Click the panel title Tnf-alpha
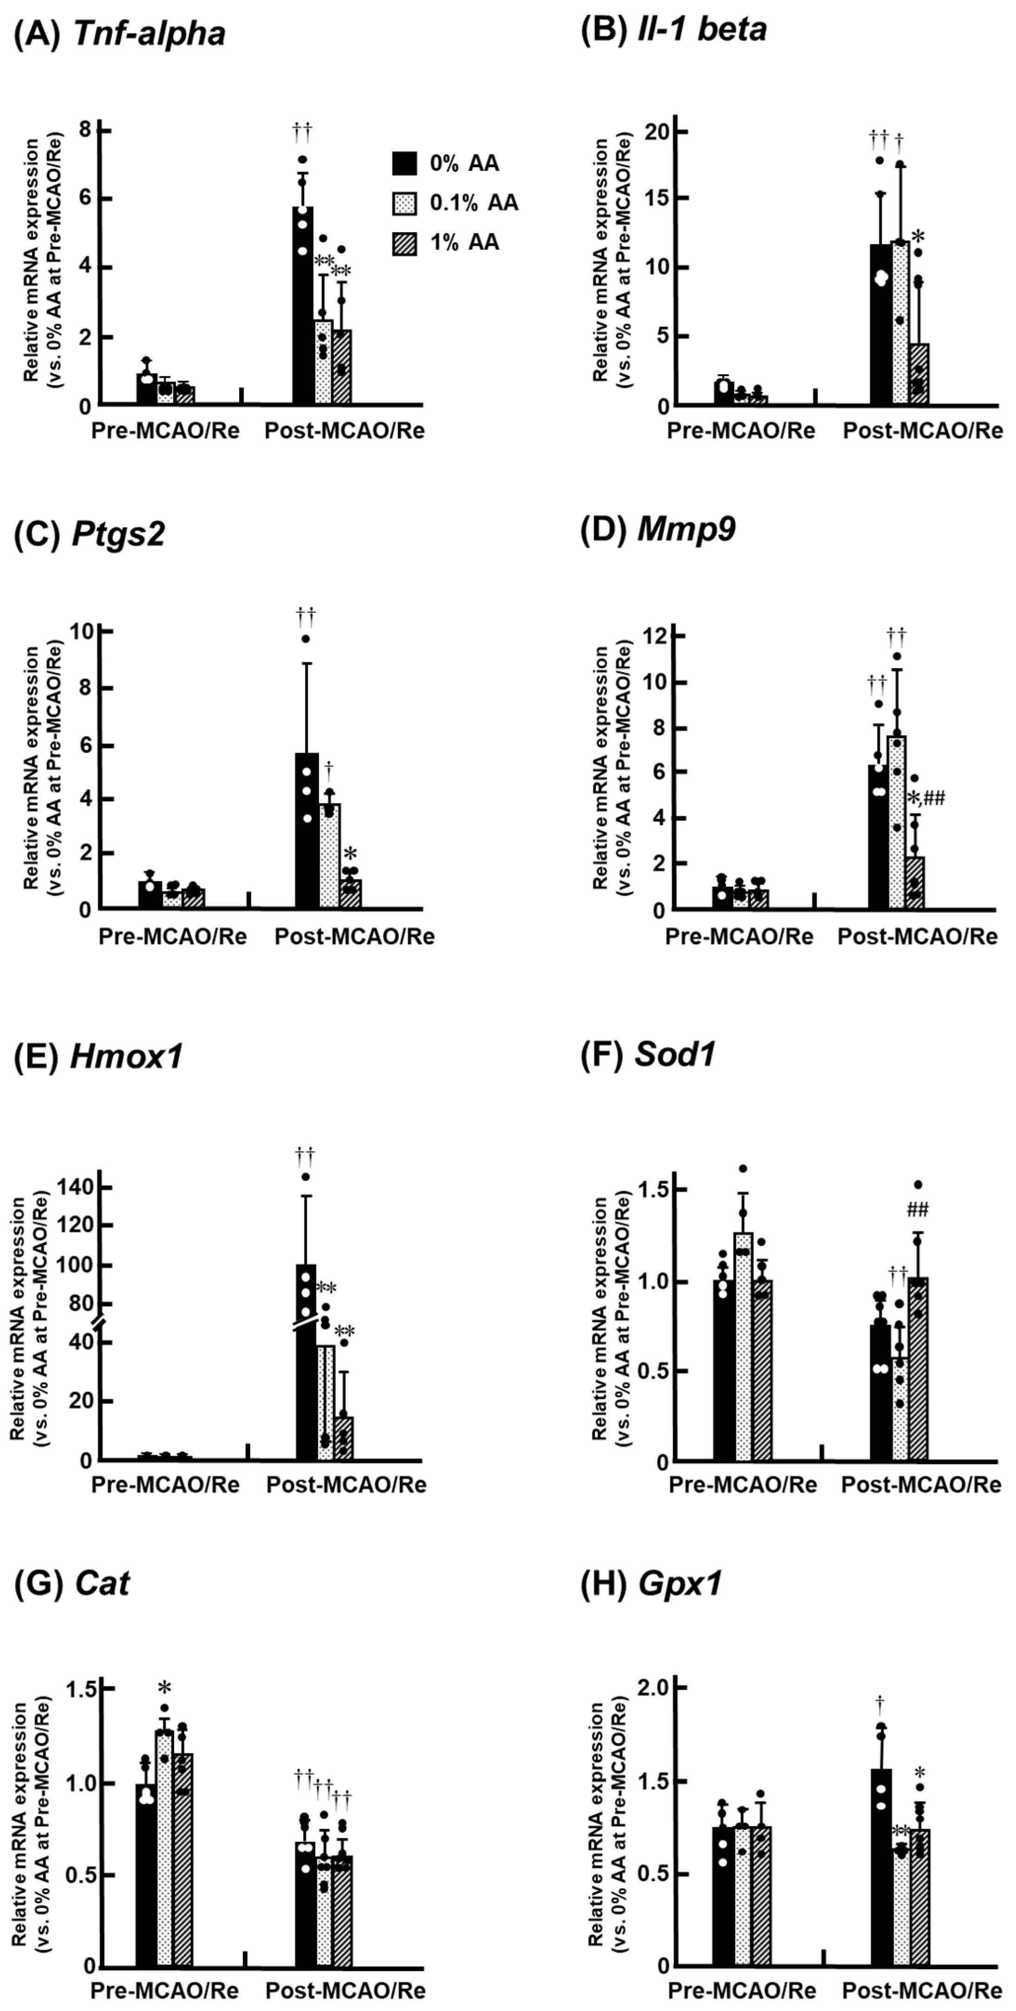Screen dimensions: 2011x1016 point(149,33)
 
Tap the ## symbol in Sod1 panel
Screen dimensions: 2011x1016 point(918,1211)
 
